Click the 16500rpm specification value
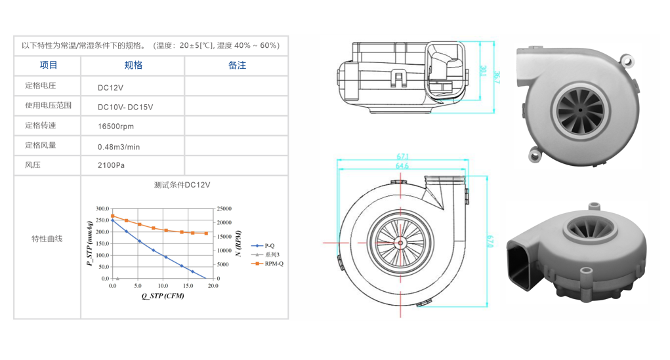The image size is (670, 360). click(x=115, y=127)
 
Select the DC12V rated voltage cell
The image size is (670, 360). click(x=110, y=88)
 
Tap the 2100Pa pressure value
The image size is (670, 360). click(x=111, y=165)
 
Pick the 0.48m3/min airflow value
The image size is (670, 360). click(x=119, y=147)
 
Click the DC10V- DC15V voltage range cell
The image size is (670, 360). click(x=125, y=107)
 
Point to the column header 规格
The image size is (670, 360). click(x=133, y=66)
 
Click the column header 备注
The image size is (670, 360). click(x=237, y=66)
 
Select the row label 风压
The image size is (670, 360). click(x=33, y=165)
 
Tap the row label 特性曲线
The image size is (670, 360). click(x=47, y=239)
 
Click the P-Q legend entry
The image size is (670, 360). click(x=263, y=245)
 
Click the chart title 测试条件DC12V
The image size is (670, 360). click(x=182, y=185)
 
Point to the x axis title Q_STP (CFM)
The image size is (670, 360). click(x=163, y=296)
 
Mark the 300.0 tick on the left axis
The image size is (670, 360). click(x=102, y=209)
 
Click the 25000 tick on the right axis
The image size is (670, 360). click(x=224, y=209)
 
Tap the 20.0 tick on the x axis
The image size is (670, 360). click(x=213, y=286)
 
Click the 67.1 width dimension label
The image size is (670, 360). click(x=402, y=157)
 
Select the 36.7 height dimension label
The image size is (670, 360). click(x=496, y=77)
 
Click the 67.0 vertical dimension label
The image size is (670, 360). click(x=490, y=241)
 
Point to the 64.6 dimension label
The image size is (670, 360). click(x=402, y=166)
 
